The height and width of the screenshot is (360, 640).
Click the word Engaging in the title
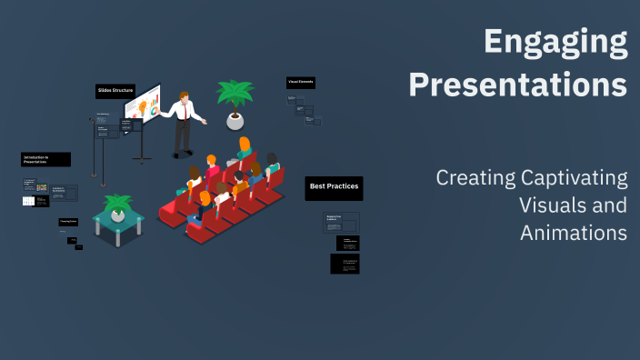pos(555,42)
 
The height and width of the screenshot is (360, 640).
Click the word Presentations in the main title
pos(517,84)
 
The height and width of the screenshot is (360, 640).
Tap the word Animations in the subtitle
pos(574,233)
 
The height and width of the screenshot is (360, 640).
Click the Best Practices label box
pos(334,187)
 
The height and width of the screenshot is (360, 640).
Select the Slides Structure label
pos(115,90)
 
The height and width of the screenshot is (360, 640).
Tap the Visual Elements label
pos(301,82)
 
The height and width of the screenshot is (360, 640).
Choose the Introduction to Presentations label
pos(45,159)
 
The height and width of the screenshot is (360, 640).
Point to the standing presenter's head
pos(185,97)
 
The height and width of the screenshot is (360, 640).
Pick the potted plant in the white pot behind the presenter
pos(234,105)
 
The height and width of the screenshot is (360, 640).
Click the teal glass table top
pos(117,218)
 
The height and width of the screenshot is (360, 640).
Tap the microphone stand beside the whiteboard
pos(102,150)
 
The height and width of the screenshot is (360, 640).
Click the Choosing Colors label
pos(68,222)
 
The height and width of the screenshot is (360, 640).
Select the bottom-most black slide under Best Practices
pos(345,264)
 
